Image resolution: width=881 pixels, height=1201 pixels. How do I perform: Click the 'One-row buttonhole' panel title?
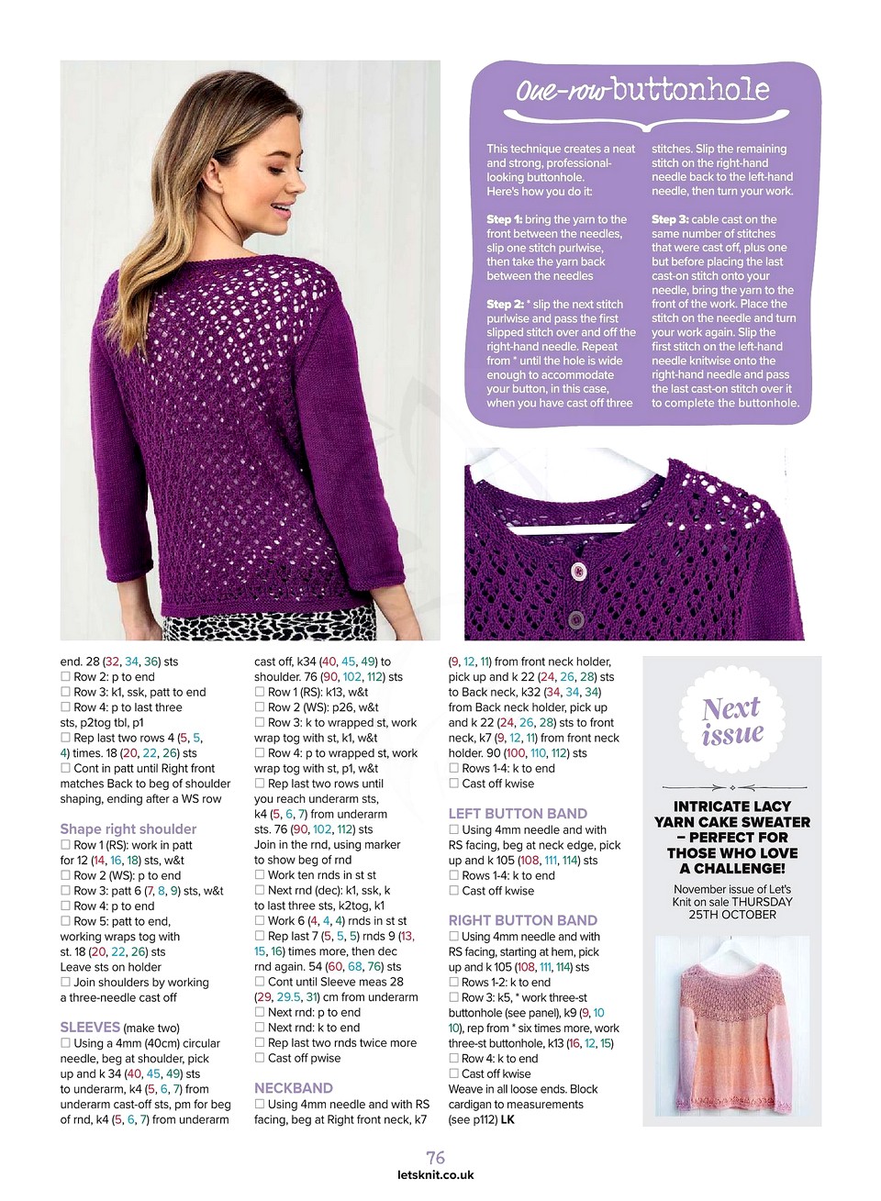(x=642, y=90)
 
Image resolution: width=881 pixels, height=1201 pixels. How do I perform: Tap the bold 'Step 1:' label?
(x=505, y=219)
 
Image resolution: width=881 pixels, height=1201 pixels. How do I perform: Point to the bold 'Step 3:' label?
(x=670, y=219)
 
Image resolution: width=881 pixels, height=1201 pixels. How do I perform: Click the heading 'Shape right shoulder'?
(x=128, y=828)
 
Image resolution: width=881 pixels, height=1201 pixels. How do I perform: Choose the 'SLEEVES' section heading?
(x=90, y=1028)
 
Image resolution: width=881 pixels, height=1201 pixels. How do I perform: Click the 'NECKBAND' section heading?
(x=294, y=1087)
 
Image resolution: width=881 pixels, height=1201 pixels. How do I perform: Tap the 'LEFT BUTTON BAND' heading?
(x=518, y=813)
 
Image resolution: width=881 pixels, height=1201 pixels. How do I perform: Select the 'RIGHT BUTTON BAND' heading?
(x=522, y=920)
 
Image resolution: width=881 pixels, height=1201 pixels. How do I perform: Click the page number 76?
(x=436, y=1158)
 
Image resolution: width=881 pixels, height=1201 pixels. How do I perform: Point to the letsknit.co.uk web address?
(x=436, y=1174)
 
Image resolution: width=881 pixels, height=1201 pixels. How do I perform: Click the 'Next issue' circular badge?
(x=732, y=721)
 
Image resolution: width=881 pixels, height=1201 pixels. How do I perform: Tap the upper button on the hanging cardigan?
(x=579, y=572)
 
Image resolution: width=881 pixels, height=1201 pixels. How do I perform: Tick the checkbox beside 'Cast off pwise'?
(x=260, y=1058)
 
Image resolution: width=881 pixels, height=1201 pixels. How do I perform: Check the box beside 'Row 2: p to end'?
(x=66, y=677)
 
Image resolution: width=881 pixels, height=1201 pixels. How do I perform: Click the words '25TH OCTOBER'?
(x=732, y=914)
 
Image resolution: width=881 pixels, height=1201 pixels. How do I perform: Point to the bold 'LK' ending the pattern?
(x=507, y=1119)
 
